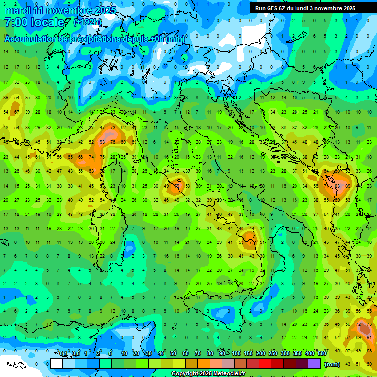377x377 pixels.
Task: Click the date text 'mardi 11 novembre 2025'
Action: [60, 10]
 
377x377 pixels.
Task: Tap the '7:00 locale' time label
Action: [34, 22]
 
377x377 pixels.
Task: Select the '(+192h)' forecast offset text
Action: [87, 22]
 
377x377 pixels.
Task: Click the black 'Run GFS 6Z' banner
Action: [310, 8]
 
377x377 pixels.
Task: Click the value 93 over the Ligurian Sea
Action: [102, 142]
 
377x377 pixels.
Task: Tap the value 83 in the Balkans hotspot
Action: [337, 186]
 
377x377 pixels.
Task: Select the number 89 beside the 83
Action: [348, 186]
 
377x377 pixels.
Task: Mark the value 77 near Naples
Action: [252, 242]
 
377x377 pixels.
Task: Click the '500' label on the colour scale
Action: [322, 354]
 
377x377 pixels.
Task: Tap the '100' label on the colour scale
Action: [236, 354]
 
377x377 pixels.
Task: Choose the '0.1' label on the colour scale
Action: [63, 354]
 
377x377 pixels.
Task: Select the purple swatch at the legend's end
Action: [314, 363]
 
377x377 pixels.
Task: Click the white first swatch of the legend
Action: [56, 363]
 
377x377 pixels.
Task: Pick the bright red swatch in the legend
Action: [265, 363]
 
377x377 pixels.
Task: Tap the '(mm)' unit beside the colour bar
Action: [332, 364]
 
